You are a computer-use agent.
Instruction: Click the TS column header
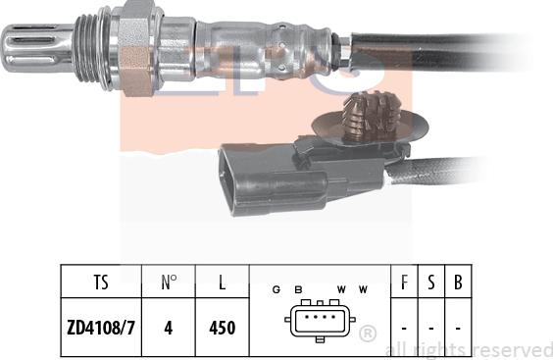pos(101,284)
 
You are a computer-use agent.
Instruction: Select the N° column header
pos(169,284)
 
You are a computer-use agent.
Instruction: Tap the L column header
pos(222,284)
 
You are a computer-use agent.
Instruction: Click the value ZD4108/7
pos(101,328)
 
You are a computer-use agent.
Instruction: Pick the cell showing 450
pos(222,328)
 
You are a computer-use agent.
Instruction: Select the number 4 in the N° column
pos(169,328)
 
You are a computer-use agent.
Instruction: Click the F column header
pos(405,284)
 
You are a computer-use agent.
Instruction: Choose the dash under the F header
pos(405,328)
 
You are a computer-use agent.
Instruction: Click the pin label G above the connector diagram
pos(277,289)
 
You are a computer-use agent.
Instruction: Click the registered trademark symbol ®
pos(368,334)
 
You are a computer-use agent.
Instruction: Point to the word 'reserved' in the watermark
pos(516,349)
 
